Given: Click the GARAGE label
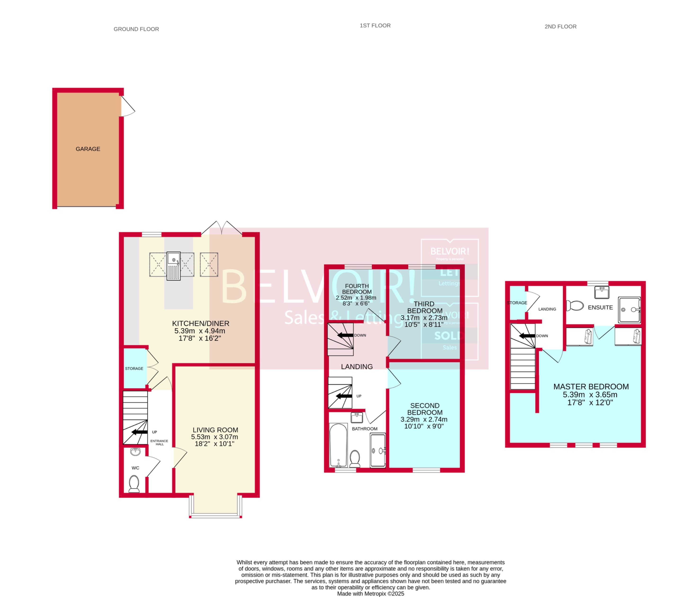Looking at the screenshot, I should tap(88, 149).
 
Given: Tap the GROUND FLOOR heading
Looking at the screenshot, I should tap(136, 29).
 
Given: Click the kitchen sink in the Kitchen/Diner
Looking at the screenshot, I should tap(173, 266).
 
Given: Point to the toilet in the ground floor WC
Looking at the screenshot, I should tap(134, 484).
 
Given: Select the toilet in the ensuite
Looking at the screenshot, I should tap(575, 306).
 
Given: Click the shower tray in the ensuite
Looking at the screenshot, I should tap(629, 310).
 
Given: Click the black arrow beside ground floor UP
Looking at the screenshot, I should tap(140, 432).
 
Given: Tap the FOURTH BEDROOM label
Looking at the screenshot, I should tap(357, 289).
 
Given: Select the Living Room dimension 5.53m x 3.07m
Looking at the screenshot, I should tap(214, 437).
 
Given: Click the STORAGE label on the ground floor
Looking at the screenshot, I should tap(134, 369).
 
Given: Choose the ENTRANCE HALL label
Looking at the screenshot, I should tap(159, 442).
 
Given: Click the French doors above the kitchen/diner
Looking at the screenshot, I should tap(222, 228).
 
